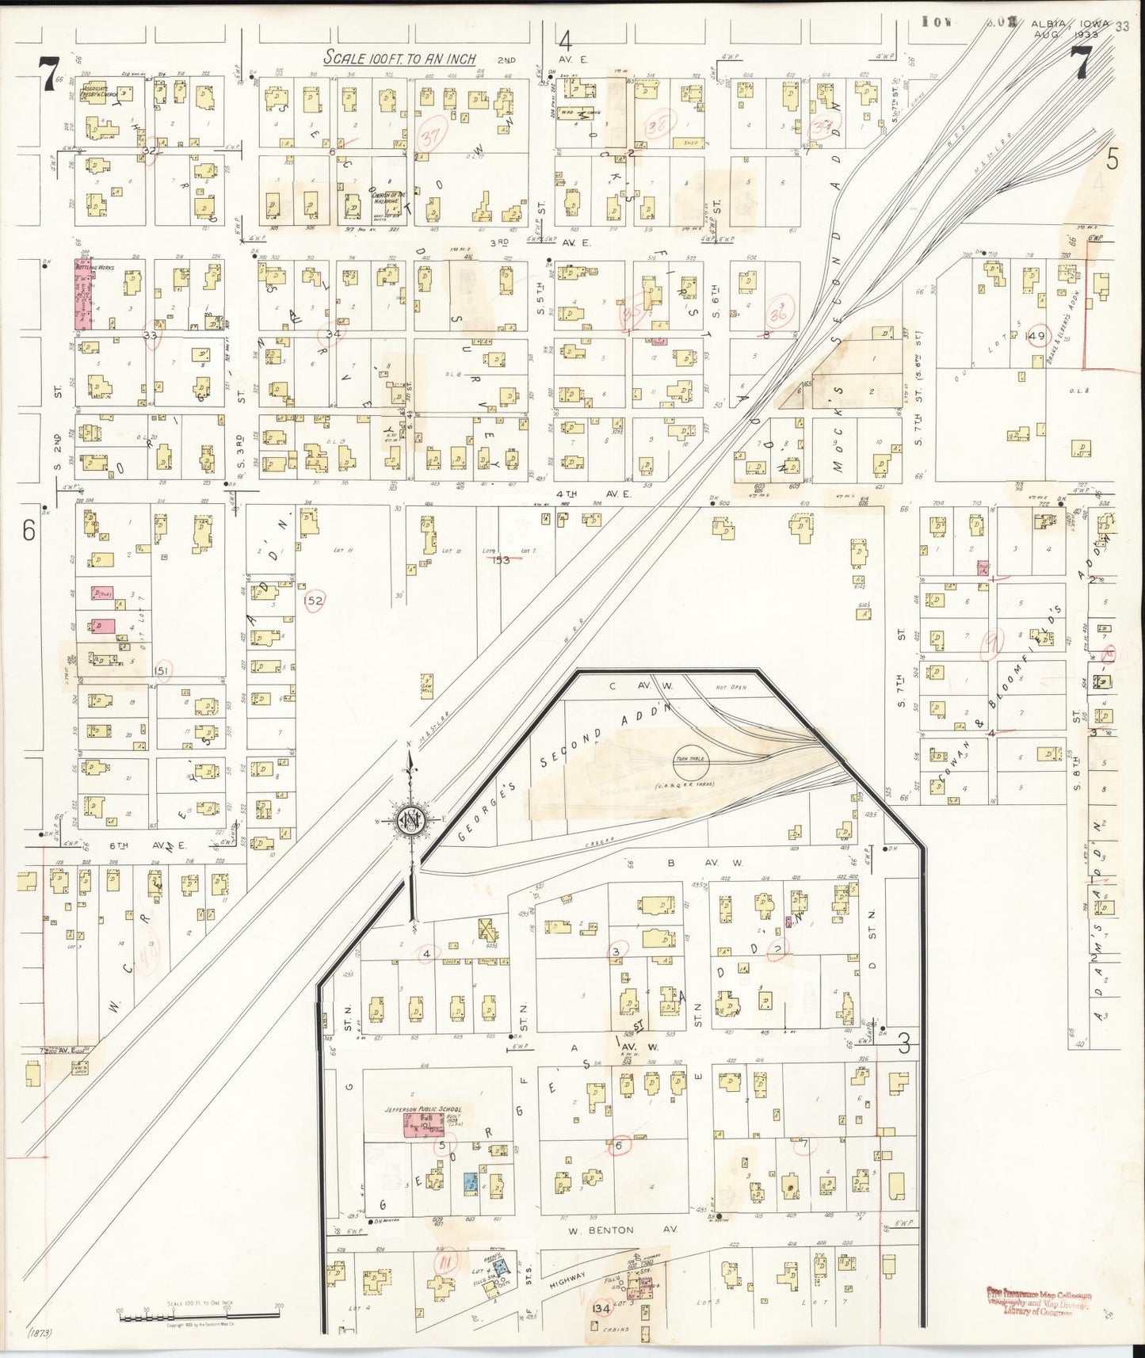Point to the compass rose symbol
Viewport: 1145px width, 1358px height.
coord(412,821)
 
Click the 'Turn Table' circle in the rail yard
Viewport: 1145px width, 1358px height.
coord(691,759)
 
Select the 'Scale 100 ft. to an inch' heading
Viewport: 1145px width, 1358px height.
coord(399,58)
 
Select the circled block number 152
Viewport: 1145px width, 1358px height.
coord(314,601)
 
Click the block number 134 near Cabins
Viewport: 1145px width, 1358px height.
coord(600,1308)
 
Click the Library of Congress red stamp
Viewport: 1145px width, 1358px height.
coord(1039,1303)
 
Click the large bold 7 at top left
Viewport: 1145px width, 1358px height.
coord(49,74)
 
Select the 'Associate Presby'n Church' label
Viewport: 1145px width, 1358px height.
coord(101,91)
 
